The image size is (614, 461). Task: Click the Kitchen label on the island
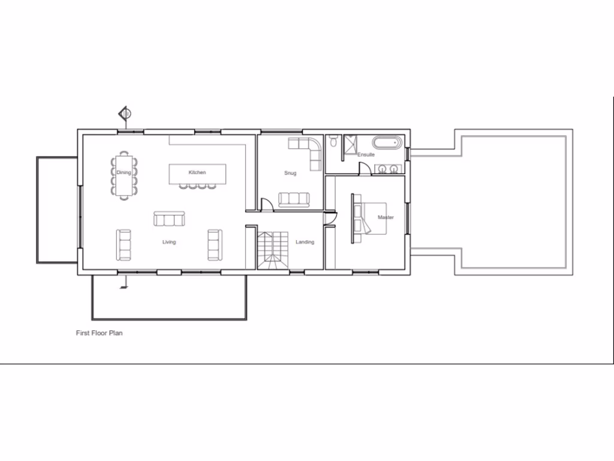(x=197, y=172)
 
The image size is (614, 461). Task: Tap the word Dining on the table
(x=124, y=172)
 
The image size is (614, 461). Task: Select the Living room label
(x=169, y=242)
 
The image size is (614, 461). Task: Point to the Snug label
(x=290, y=173)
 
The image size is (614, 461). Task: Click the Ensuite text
(x=366, y=155)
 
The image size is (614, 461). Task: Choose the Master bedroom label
(x=386, y=217)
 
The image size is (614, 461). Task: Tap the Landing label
(x=305, y=242)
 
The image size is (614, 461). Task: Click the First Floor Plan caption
(x=99, y=333)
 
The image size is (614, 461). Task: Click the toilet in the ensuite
(x=333, y=142)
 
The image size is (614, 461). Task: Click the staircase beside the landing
(x=273, y=251)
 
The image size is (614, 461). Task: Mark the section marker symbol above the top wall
(x=125, y=112)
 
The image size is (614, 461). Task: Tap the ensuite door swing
(x=365, y=169)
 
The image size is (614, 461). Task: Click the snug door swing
(x=267, y=205)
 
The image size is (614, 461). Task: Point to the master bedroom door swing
(x=329, y=220)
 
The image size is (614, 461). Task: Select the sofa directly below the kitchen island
(x=169, y=219)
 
